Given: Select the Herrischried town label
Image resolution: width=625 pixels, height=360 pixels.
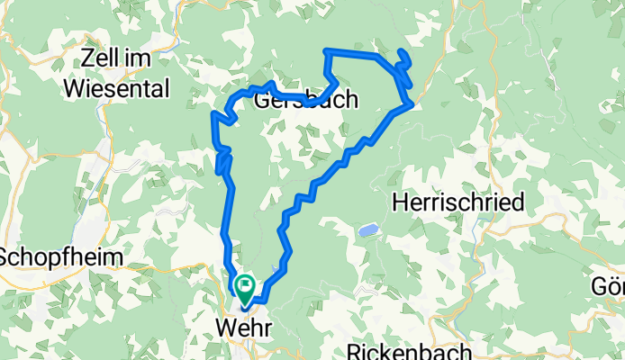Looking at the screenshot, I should pos(458,203).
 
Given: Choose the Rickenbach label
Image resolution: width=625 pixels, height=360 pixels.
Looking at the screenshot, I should pos(395,351).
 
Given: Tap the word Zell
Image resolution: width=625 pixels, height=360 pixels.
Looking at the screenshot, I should pos(100,60).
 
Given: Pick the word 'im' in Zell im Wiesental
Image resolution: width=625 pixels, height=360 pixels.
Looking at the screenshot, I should pos(138,60).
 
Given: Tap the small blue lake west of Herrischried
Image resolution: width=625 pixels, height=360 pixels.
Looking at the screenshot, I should pos(367,231).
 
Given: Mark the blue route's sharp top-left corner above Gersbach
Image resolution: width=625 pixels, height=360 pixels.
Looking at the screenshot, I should pos(326,51).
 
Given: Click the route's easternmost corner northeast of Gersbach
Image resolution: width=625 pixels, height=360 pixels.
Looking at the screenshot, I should pos(412,104).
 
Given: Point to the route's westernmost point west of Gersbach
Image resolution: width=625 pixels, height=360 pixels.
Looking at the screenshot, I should pos(213,114).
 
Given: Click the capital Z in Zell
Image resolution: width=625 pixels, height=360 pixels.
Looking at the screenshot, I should pos(87,60).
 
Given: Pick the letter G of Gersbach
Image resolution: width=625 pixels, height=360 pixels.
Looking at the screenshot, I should pos(262,99).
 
